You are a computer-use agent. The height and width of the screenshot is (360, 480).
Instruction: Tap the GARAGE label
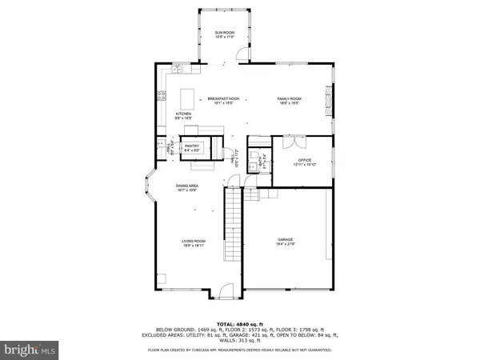(286, 241)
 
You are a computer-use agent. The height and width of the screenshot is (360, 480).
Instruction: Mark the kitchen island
(190, 99)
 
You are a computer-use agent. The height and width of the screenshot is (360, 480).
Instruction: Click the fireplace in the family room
(326, 100)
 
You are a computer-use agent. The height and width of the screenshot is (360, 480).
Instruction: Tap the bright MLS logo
(30, 349)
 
